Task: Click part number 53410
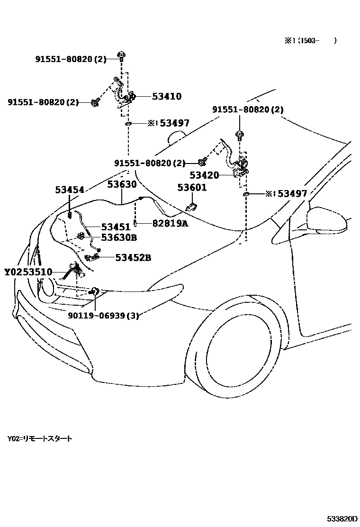tap(167, 96)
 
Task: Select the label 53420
tap(204, 175)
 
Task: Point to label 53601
tap(192, 188)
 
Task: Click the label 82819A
tap(170, 223)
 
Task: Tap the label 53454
tap(69, 190)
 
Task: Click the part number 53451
tap(116, 227)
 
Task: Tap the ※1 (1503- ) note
tap(310, 41)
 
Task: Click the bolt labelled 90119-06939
tap(94, 292)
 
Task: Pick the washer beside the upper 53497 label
tap(127, 124)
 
